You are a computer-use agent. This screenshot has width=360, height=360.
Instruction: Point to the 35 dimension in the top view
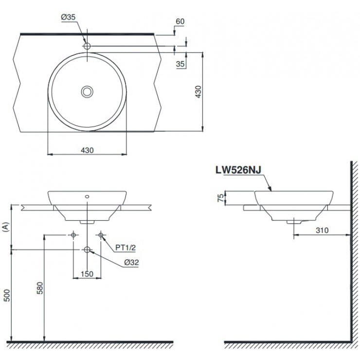[x=180, y=63]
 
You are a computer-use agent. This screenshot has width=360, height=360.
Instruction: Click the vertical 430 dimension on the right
[x=198, y=91]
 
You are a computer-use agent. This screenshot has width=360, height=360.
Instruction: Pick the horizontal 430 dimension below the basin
[x=87, y=150]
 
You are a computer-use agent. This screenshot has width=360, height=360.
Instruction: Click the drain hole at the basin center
[x=87, y=91]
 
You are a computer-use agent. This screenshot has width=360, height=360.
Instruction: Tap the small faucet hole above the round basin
[x=87, y=46]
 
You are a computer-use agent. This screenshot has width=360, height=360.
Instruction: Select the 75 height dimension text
[x=219, y=198]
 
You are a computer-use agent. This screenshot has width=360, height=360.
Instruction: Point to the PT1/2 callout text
[x=125, y=247]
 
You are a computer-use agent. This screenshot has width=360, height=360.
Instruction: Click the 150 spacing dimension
[x=87, y=274]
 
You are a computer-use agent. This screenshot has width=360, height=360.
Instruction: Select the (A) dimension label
[x=6, y=226]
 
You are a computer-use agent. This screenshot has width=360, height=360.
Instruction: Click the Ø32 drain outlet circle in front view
[x=87, y=250]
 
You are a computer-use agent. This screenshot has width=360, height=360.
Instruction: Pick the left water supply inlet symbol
[x=73, y=235]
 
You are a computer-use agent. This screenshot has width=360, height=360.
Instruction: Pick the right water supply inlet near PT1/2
[x=101, y=235]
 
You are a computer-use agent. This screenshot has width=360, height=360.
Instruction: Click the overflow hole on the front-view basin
[x=87, y=197]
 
